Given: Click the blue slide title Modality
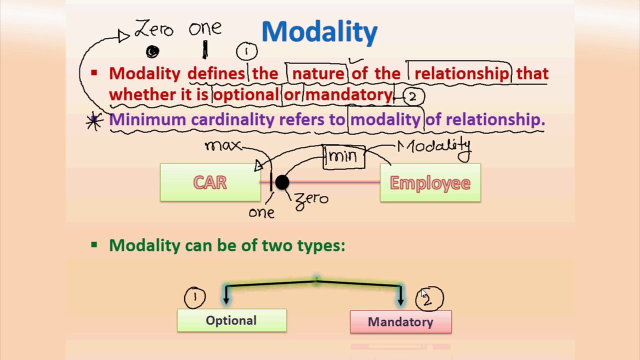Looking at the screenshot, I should [319, 32].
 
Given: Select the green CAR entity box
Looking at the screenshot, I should [210, 183].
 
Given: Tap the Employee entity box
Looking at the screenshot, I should [430, 183].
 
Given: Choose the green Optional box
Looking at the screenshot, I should [231, 320].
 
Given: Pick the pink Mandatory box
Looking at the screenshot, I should [400, 322].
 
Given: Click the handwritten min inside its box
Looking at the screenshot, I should [343, 156].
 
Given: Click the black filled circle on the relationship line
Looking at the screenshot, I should [282, 183].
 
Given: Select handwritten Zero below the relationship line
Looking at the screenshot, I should [312, 199].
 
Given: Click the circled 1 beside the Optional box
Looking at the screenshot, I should [194, 297].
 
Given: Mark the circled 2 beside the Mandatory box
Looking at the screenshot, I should [428, 298].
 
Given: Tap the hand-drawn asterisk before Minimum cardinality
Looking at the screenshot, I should [94, 121].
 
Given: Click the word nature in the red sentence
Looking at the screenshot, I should [318, 74].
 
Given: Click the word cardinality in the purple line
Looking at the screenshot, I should [232, 119].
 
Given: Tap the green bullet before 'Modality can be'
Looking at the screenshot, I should [94, 245].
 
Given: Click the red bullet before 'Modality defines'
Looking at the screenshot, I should [94, 73].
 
